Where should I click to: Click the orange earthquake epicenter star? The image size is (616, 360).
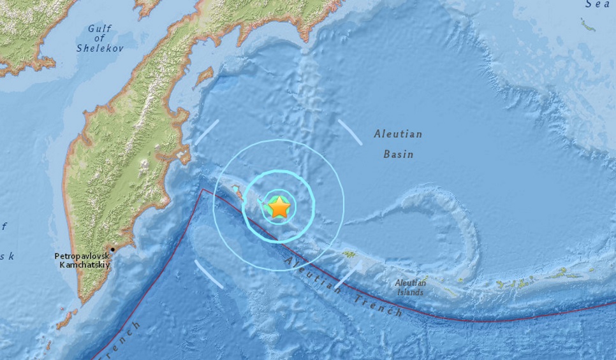[279, 208]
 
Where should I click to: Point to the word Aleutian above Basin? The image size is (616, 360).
[399, 135]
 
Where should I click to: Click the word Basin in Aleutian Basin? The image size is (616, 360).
[399, 154]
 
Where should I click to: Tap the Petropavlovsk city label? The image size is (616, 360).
[83, 256]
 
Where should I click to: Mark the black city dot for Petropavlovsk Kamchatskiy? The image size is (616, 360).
[113, 249]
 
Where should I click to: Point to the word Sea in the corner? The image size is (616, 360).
[599, 4]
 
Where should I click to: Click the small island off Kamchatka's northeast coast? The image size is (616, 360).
[204, 76]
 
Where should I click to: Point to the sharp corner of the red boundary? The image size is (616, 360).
[202, 189]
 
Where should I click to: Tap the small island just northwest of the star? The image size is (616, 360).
[237, 189]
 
